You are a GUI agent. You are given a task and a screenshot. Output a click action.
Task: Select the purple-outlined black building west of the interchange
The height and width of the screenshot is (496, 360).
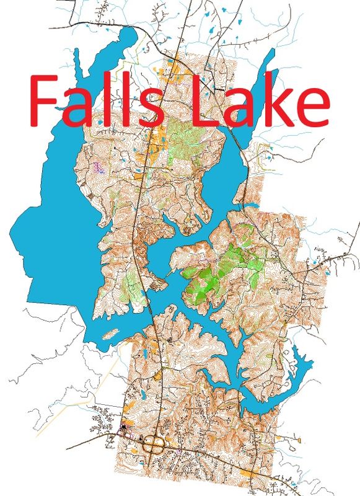click(x=123, y=428)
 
